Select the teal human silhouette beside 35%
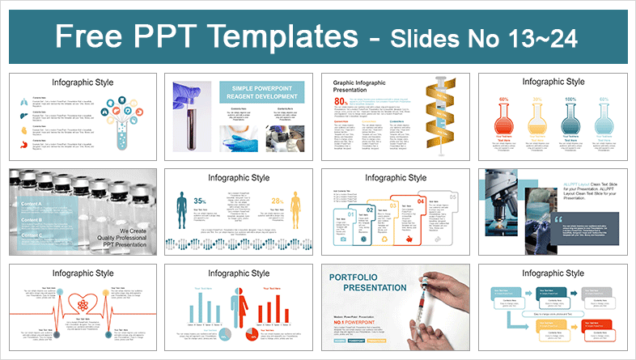[181, 214]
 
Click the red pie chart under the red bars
[252, 332]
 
